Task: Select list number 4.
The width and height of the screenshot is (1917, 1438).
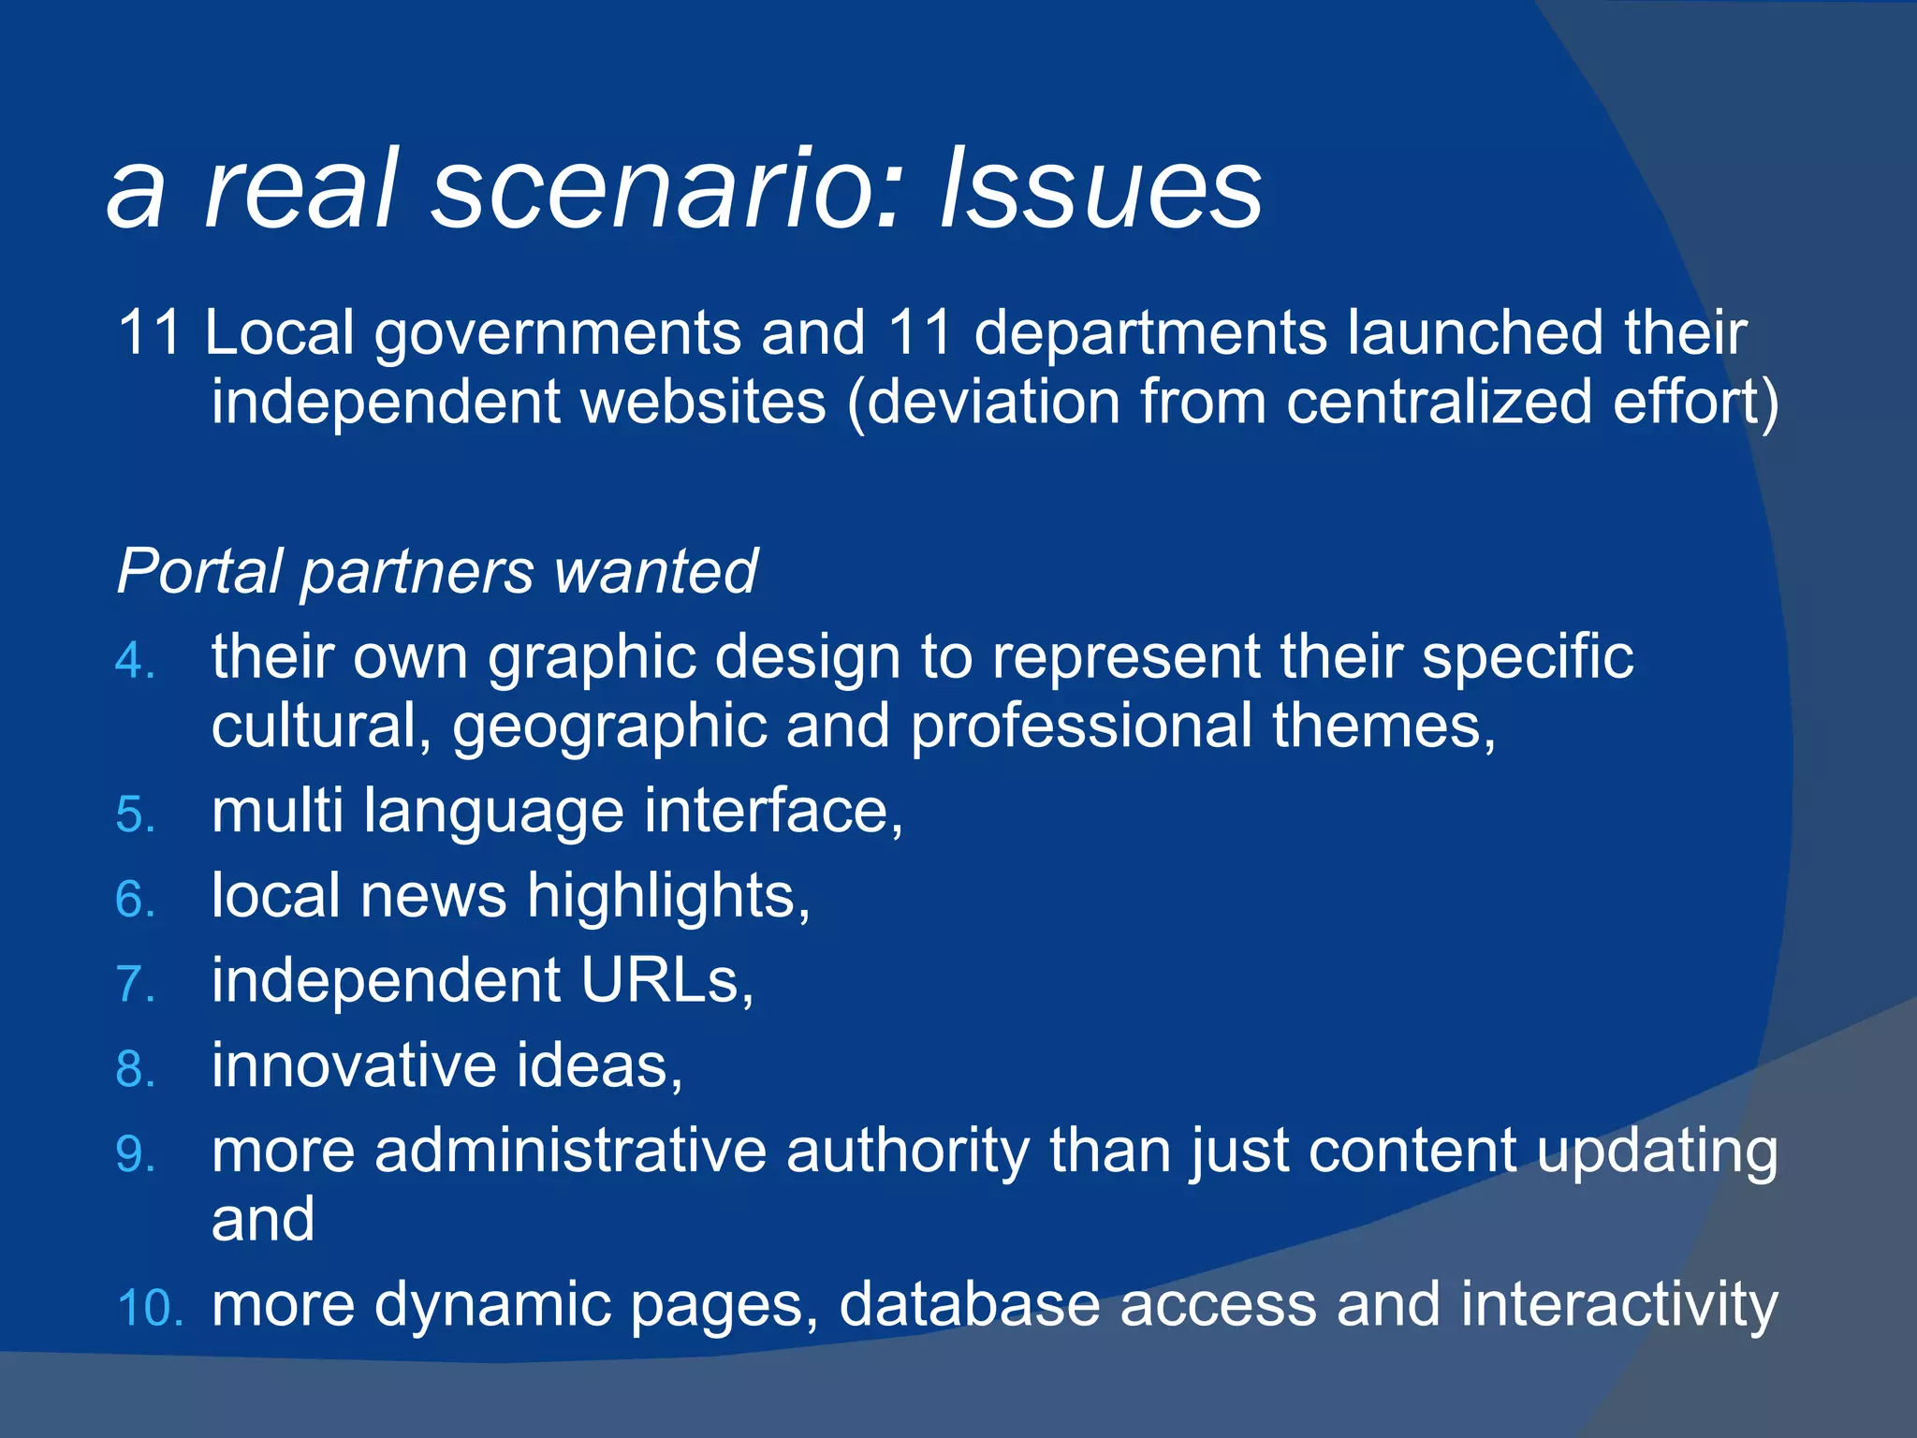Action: coord(135,661)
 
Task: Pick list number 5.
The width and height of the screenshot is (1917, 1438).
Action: coord(135,814)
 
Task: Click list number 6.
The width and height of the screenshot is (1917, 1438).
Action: coord(135,900)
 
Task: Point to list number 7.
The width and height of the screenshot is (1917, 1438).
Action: coord(135,985)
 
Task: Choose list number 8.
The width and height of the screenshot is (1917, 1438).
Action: coord(135,1069)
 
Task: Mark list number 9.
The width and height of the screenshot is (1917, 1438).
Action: coord(135,1154)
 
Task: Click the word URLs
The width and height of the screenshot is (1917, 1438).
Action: coord(666,981)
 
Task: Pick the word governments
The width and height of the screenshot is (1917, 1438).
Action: coord(557,335)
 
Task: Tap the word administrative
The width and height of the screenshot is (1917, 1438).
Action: coord(570,1152)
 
